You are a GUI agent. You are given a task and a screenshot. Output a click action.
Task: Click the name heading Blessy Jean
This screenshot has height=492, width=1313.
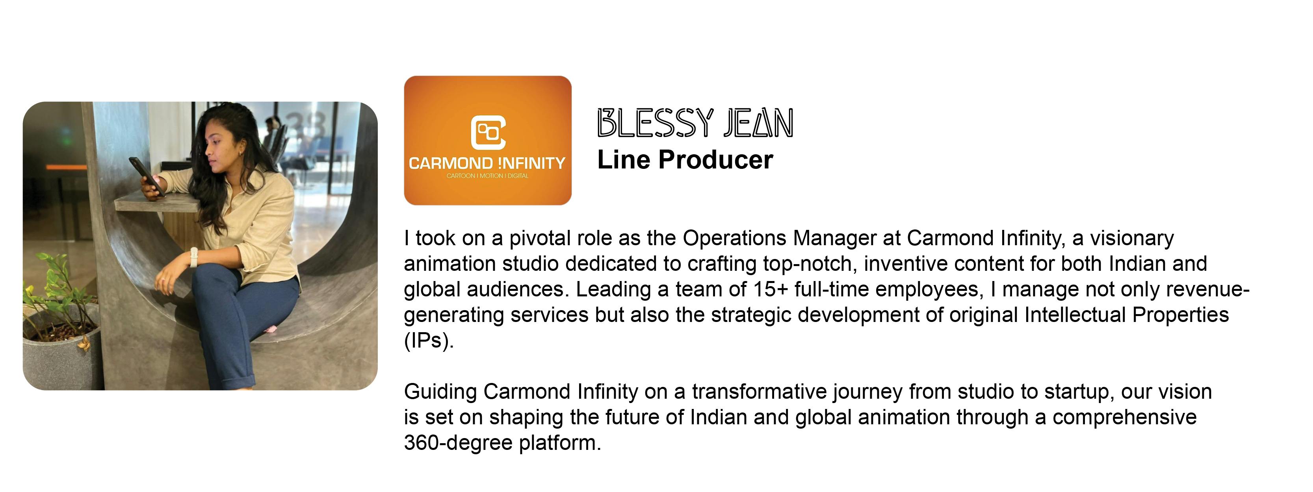[695, 123]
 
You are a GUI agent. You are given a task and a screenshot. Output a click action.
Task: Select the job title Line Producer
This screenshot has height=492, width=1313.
[685, 160]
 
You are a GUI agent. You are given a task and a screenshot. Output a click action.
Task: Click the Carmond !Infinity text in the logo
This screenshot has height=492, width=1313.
[487, 163]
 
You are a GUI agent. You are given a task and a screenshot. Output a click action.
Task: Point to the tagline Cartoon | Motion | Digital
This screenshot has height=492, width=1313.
[487, 176]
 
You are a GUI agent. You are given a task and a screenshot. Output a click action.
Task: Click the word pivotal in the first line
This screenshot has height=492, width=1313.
[540, 239]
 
